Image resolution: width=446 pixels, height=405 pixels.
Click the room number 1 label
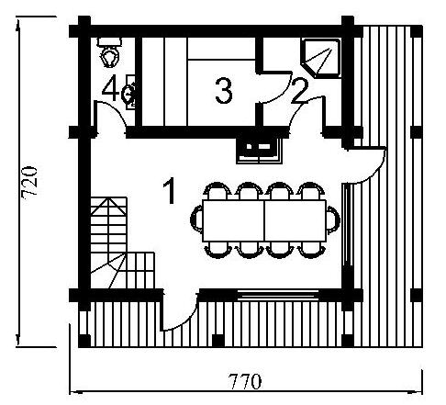pyautogui.click(x=169, y=191)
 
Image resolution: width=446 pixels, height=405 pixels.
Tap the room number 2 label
pyautogui.click(x=299, y=91)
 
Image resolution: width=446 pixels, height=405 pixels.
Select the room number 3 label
pyautogui.click(x=224, y=91)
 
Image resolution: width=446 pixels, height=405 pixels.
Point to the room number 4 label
pyautogui.click(x=110, y=88)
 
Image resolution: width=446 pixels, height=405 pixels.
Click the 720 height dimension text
pyautogui.click(x=30, y=181)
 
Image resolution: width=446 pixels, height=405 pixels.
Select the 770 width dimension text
pyautogui.click(x=245, y=381)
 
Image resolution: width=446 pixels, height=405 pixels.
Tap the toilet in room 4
pyautogui.click(x=109, y=51)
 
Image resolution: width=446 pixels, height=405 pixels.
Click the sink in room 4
pyautogui.click(x=129, y=92)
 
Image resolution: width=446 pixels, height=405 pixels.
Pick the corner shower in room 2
pyautogui.click(x=320, y=58)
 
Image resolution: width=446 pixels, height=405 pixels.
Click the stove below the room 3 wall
pyautogui.click(x=259, y=151)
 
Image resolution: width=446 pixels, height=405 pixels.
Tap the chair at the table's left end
pyautogui.click(x=196, y=219)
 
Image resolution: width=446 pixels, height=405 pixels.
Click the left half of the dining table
pyautogui.click(x=233, y=221)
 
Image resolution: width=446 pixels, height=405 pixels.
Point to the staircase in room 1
pyautogui.click(x=121, y=242)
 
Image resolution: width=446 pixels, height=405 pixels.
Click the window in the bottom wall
pyautogui.click(x=278, y=295)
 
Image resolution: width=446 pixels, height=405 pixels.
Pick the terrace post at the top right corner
pyautogui.click(x=417, y=32)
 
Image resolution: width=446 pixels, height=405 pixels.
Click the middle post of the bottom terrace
pyautogui.click(x=218, y=341)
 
